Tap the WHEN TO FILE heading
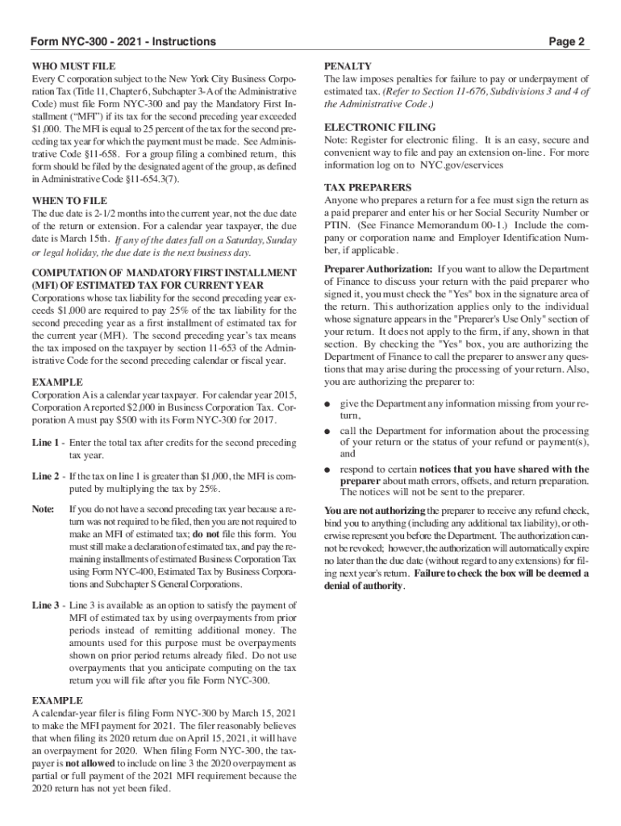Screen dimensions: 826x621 [x=69, y=200]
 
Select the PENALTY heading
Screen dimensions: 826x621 [x=348, y=65]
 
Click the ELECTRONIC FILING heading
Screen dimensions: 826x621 [x=379, y=127]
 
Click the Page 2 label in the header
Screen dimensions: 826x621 [x=566, y=41]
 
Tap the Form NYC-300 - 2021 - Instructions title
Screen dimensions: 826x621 [x=123, y=41]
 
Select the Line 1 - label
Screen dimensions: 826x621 [x=48, y=443]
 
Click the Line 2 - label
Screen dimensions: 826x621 [x=48, y=476]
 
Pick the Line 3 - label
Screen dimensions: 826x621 [x=48, y=605]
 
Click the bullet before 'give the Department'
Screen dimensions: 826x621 [x=327, y=403]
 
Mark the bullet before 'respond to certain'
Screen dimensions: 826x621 [x=327, y=469]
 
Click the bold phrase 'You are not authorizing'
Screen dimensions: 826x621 [x=375, y=511]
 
